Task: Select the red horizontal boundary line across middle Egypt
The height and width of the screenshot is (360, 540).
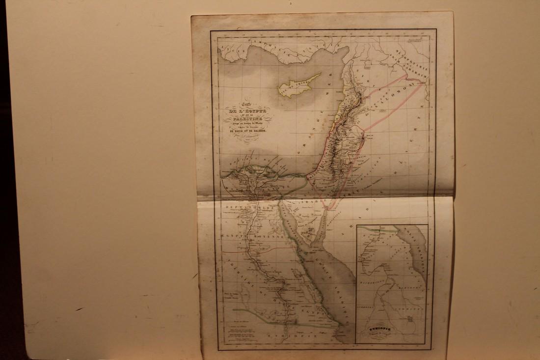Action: (255, 249)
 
